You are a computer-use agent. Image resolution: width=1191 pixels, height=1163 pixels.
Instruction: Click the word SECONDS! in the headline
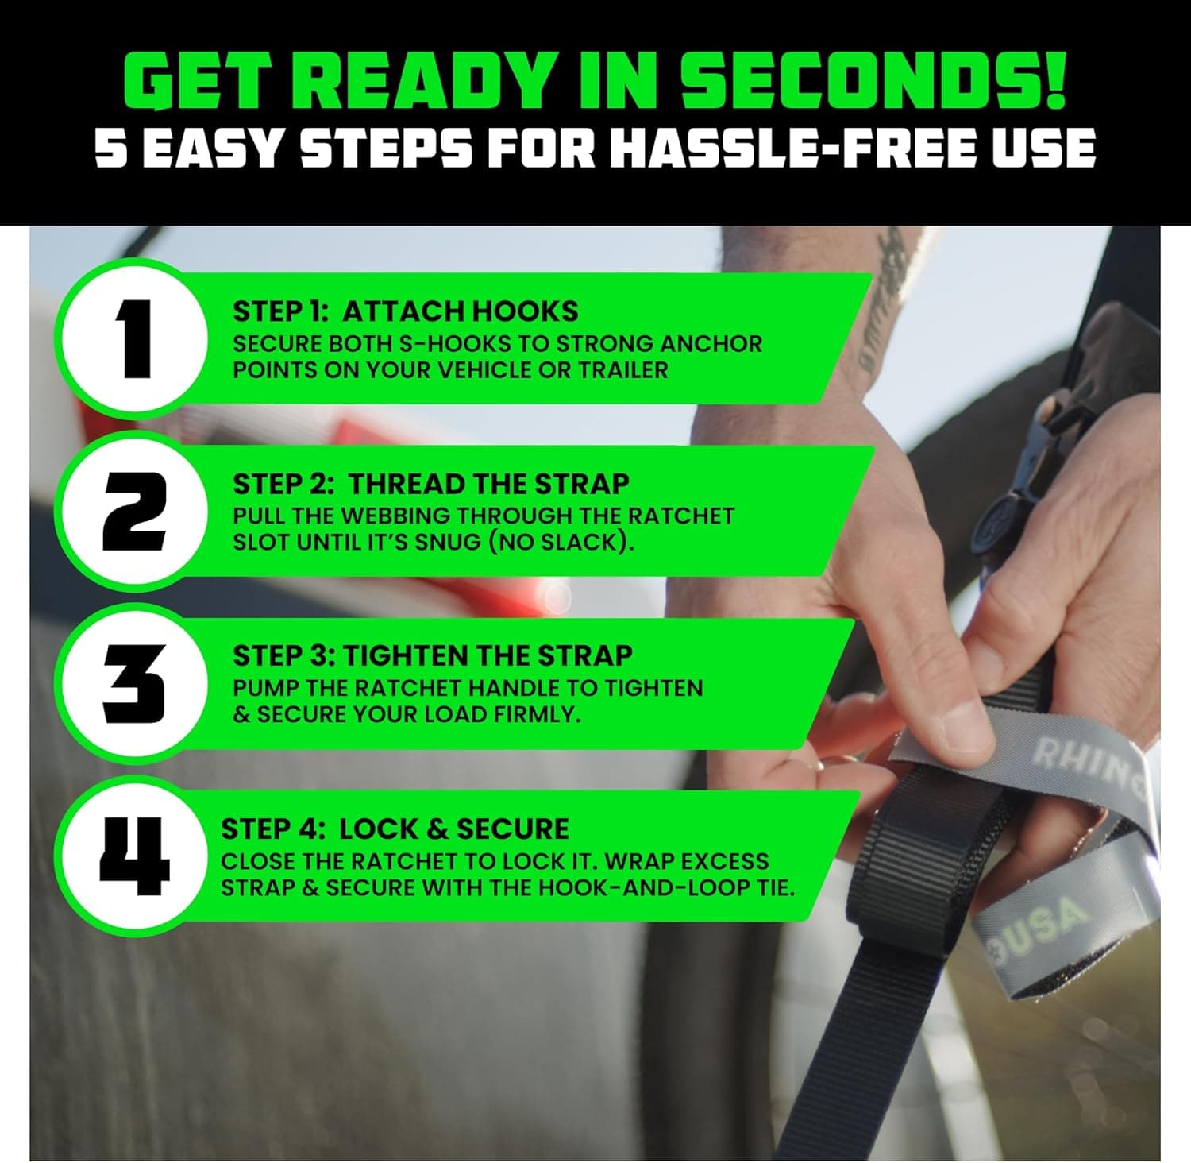873,82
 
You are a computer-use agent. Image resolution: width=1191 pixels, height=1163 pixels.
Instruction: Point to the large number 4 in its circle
134,855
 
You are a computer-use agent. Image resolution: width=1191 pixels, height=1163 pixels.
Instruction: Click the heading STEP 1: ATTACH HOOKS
405,311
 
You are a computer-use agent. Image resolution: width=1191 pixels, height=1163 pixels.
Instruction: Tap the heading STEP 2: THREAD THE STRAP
430,484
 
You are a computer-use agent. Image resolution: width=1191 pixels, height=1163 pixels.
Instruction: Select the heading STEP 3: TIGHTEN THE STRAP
432,655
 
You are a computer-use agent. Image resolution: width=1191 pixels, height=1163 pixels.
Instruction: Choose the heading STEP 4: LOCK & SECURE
395,829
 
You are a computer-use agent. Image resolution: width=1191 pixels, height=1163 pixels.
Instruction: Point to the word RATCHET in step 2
680,516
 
